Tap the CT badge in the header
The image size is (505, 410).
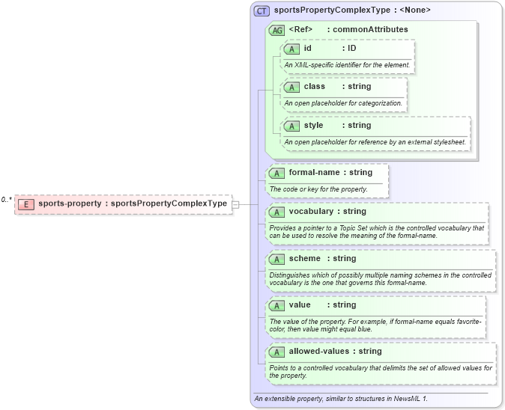tap(261, 10)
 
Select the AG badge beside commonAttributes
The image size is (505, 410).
tap(277, 30)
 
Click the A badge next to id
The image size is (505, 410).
tap(291, 49)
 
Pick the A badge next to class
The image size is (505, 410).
tap(291, 87)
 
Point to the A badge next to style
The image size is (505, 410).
tap(291, 126)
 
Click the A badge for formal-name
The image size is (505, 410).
tap(276, 173)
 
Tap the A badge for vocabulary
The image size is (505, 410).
tap(276, 212)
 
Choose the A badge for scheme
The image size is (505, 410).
tap(276, 259)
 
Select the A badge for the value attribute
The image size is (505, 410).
tap(276, 305)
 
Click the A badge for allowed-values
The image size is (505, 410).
tap(276, 352)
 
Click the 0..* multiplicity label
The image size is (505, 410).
tap(7, 200)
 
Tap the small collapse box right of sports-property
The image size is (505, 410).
tap(235, 204)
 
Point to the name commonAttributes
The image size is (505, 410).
tap(370, 30)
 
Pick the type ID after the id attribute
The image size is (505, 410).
tap(351, 49)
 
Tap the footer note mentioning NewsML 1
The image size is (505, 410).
tap(341, 399)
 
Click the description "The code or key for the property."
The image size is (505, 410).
tap(318, 189)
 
